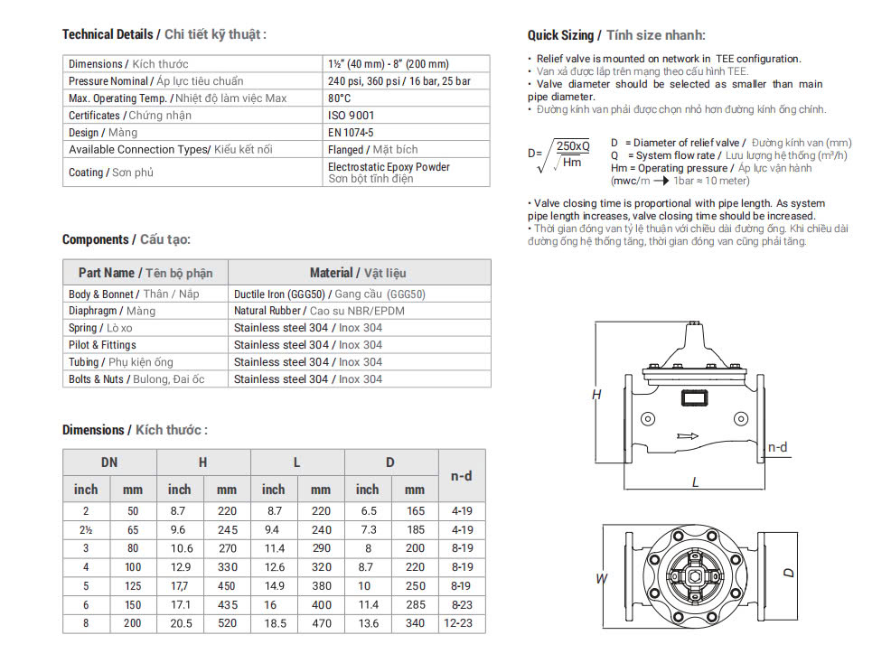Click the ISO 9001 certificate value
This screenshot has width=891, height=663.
pos(351,116)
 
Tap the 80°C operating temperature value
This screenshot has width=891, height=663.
pos(340,98)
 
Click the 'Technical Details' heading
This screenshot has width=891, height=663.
pos(108,34)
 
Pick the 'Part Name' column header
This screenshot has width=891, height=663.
pos(106,273)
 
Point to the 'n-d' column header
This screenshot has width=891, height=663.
pos(461,476)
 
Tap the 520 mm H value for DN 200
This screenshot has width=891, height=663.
pos(227,623)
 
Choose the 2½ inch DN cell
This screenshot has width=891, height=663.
pos(86,530)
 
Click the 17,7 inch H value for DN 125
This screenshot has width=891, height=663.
pos(179,584)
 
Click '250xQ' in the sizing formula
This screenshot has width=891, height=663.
pos(573,145)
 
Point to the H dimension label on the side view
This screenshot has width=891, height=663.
pos(596,395)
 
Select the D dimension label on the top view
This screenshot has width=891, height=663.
pos(789,573)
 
